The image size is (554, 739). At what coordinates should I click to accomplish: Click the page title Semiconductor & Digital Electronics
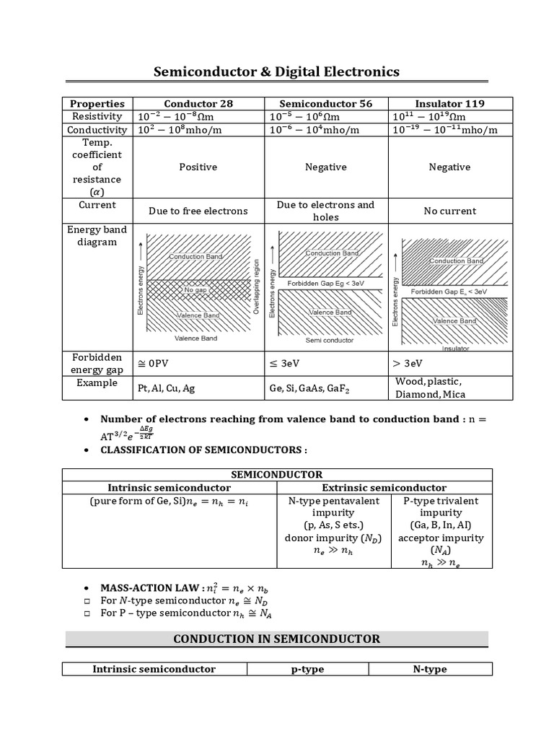(x=277, y=72)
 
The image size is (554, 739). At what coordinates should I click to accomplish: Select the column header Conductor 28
(x=198, y=103)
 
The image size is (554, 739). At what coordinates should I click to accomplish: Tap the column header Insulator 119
(x=449, y=103)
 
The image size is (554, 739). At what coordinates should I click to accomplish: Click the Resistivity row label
(x=98, y=116)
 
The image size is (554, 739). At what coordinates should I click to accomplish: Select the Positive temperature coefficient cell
(x=198, y=167)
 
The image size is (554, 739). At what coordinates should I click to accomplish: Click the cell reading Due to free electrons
(x=198, y=211)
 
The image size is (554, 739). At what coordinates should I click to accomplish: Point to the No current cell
(x=449, y=211)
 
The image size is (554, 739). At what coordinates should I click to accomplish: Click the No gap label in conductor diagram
(x=195, y=289)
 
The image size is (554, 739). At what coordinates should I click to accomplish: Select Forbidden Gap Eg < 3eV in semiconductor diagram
(x=326, y=284)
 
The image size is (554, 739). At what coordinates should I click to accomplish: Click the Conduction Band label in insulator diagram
(x=456, y=261)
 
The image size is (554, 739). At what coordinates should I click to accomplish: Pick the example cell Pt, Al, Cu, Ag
(x=167, y=388)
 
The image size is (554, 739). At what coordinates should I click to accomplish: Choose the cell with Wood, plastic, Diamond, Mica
(x=430, y=388)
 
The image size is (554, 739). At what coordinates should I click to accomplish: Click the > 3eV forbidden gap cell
(x=408, y=363)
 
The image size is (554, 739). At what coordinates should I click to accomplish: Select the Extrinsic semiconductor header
(x=384, y=488)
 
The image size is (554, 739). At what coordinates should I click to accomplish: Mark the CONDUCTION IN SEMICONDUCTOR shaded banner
(x=277, y=639)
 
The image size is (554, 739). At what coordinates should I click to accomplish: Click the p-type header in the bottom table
(x=307, y=669)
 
